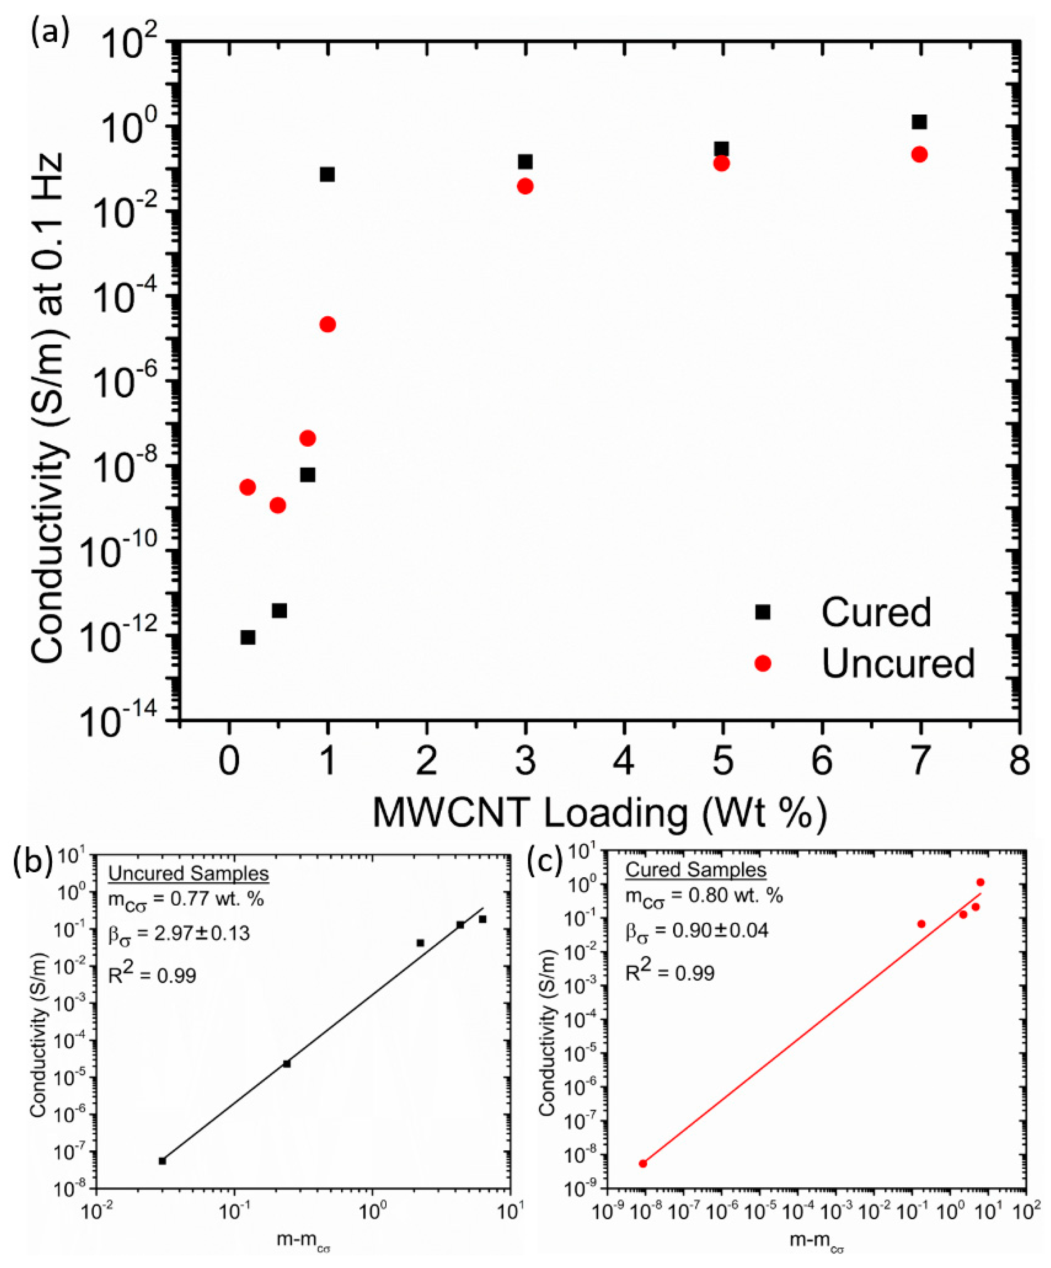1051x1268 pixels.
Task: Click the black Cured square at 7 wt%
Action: pyautogui.click(x=919, y=122)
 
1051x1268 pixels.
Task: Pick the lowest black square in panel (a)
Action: pyautogui.click(x=248, y=637)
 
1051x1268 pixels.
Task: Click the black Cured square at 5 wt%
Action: pyautogui.click(x=721, y=148)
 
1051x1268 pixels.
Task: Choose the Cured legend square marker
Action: pyautogui.click(x=763, y=611)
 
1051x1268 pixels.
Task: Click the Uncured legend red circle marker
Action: pyautogui.click(x=763, y=663)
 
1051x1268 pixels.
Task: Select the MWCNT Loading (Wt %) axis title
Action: pyautogui.click(x=599, y=814)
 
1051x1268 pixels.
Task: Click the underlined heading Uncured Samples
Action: pyautogui.click(x=189, y=873)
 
